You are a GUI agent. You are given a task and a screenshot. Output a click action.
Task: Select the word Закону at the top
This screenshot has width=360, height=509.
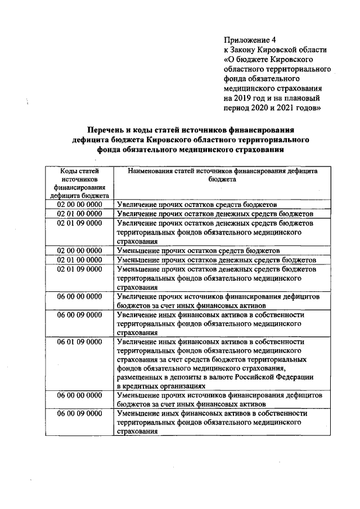245,49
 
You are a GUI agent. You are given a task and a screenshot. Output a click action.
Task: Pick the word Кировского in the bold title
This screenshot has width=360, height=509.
173,139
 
